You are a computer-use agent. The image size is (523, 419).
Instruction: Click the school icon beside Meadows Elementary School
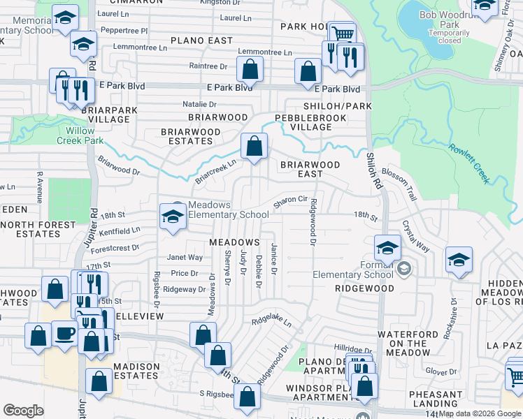(x=172, y=216)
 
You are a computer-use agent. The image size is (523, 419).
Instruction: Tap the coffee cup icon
(x=65, y=334)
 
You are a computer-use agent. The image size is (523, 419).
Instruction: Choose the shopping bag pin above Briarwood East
(x=254, y=147)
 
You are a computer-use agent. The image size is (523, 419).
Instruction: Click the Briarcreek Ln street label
(x=215, y=170)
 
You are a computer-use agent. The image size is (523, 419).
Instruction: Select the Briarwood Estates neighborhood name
(x=191, y=135)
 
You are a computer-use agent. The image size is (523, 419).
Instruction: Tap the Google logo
(x=23, y=411)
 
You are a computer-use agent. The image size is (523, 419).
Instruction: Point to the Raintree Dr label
(x=208, y=66)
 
